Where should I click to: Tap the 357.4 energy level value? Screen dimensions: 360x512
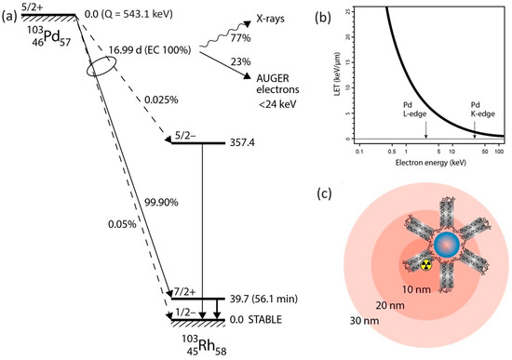(x=240, y=143)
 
